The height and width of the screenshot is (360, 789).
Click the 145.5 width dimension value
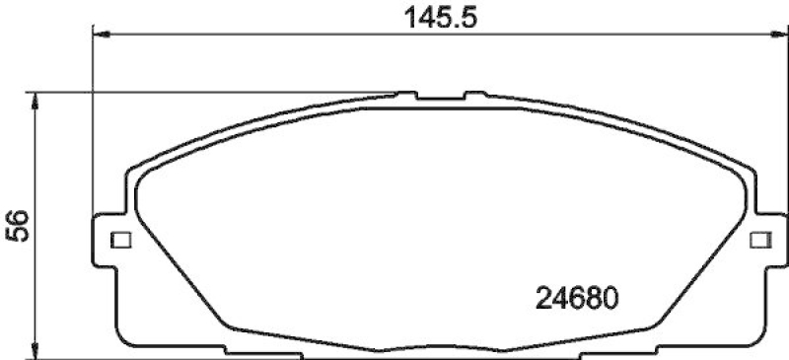[433, 16]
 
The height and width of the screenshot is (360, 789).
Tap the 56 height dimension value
[15, 230]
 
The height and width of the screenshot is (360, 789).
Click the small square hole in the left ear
[121, 240]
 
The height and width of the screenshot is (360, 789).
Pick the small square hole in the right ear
[758, 240]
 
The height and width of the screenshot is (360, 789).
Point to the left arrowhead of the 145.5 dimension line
[100, 36]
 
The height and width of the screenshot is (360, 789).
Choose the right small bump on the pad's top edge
[475, 96]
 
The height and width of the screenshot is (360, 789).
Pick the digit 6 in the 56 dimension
[15, 220]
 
